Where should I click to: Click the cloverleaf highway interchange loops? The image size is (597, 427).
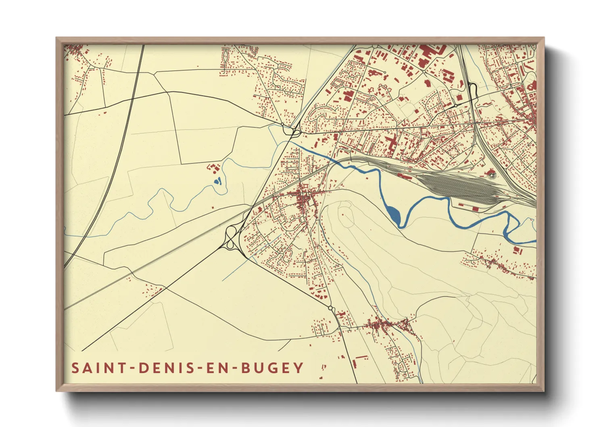(231, 238)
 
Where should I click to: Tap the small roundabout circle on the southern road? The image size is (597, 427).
(331, 308)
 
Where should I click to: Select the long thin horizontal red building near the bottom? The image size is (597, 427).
(362, 357)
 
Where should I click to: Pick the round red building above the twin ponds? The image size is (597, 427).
(209, 166)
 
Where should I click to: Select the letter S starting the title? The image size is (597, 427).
(75, 368)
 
